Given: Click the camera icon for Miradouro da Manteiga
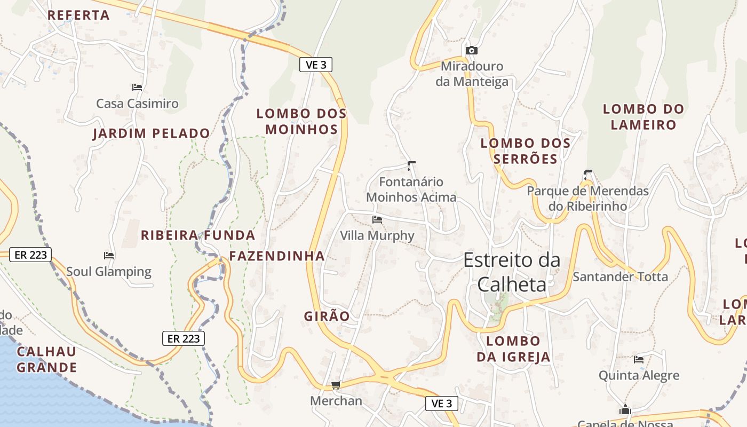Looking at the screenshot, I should [x=471, y=50].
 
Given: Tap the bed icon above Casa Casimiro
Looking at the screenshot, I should [x=137, y=87].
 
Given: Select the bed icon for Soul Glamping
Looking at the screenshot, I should [x=109, y=256].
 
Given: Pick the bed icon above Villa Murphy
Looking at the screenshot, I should [x=377, y=219].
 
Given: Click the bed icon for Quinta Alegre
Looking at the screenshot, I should [x=639, y=359].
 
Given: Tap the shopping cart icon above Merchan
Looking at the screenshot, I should [x=336, y=384].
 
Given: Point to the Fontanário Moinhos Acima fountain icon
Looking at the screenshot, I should [x=411, y=165].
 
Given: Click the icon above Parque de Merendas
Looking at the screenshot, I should [x=588, y=174].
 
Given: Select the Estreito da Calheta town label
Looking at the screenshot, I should [x=512, y=272].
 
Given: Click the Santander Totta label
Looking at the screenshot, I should [x=620, y=276].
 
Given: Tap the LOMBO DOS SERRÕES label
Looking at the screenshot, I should [x=526, y=151].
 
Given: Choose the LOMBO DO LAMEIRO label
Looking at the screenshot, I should [x=643, y=117].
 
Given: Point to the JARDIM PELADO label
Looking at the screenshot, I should [x=152, y=133].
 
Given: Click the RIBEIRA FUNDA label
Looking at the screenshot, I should [x=198, y=235].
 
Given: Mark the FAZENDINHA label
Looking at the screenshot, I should [x=277, y=256].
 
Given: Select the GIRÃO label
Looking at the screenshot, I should [x=327, y=316].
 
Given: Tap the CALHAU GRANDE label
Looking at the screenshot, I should [x=47, y=359].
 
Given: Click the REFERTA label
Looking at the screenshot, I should [x=78, y=15].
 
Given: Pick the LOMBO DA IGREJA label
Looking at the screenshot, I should [x=513, y=349].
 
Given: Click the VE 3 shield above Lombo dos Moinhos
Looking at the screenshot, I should [x=316, y=65].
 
